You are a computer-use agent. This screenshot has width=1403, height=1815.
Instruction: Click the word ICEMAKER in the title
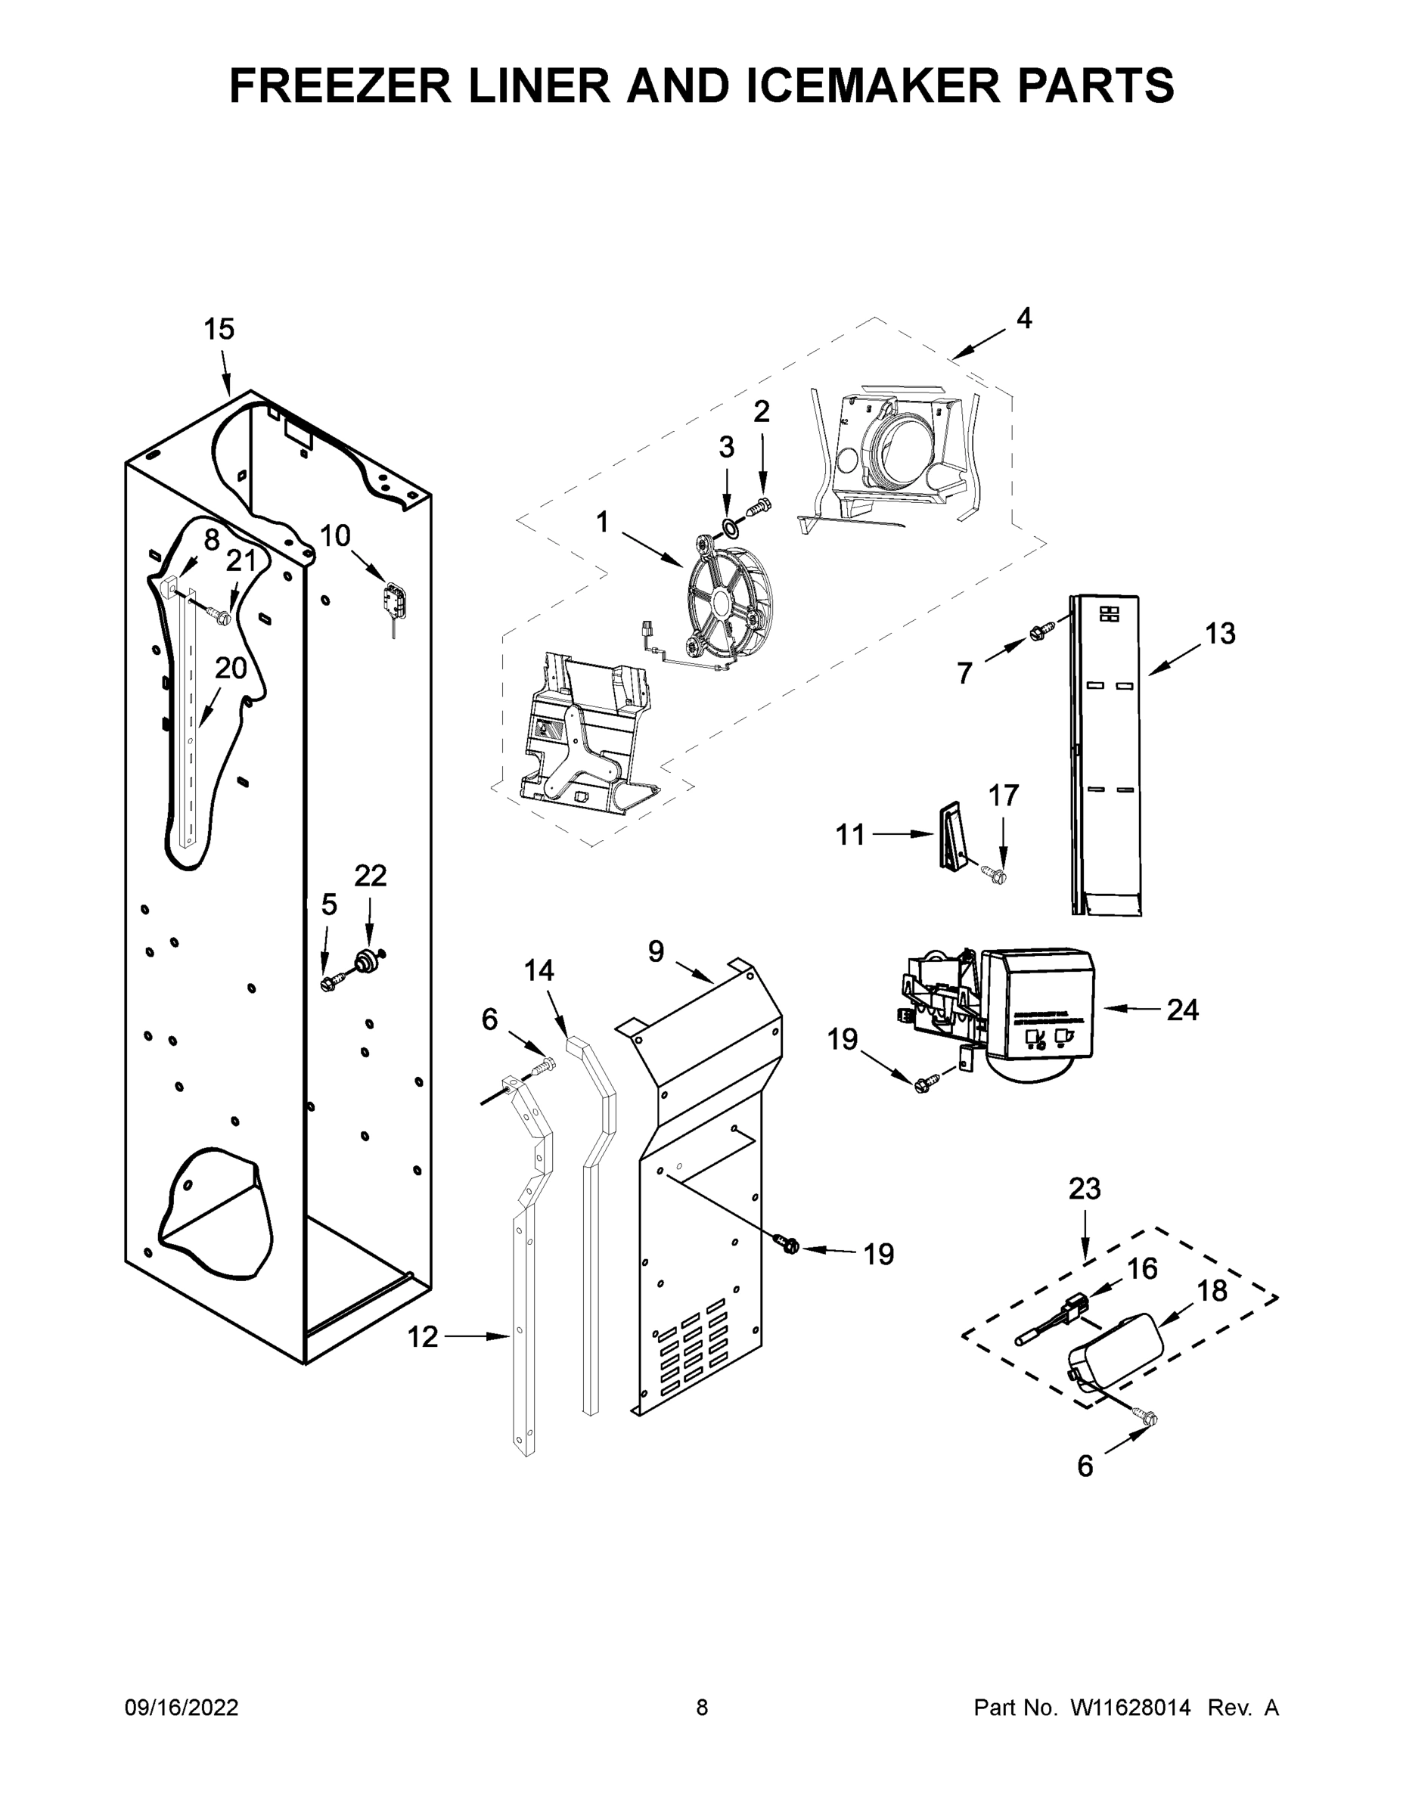pyautogui.click(x=874, y=85)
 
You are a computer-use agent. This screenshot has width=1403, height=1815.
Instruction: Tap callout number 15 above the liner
pyautogui.click(x=219, y=330)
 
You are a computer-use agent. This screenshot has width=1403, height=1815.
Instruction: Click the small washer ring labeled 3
pyautogui.click(x=728, y=526)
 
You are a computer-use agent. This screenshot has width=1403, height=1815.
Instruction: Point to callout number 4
pyautogui.click(x=1024, y=318)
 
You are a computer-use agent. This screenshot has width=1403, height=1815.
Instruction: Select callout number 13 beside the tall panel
pyautogui.click(x=1219, y=634)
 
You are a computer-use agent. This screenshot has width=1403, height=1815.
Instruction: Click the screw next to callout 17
pyautogui.click(x=993, y=873)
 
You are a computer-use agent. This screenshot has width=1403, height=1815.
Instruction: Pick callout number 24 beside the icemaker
pyautogui.click(x=1182, y=1010)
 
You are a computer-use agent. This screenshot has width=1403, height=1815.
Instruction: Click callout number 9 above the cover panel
pyautogui.click(x=656, y=951)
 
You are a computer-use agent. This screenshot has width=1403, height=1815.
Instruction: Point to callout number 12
pyautogui.click(x=422, y=1336)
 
